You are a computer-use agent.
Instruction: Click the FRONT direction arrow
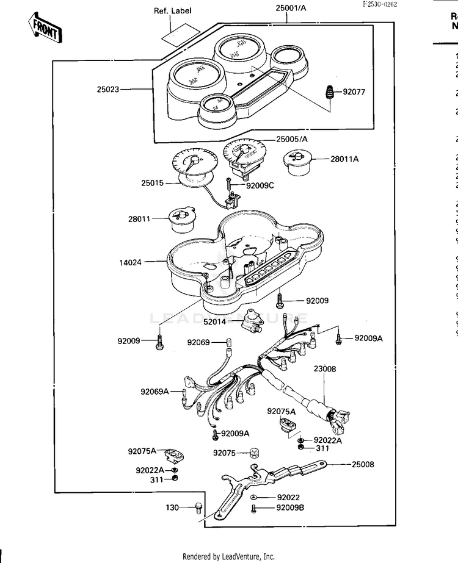(x=43, y=27)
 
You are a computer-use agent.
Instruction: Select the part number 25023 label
(x=108, y=89)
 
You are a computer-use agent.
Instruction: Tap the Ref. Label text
(x=172, y=11)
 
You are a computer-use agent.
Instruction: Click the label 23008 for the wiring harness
(x=325, y=369)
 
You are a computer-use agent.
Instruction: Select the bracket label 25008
(x=363, y=464)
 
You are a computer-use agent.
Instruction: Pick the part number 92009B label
(x=291, y=507)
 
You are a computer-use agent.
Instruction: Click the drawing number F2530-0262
(x=379, y=4)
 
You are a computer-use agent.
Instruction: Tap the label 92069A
(x=154, y=392)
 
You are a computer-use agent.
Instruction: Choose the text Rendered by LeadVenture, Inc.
(x=229, y=556)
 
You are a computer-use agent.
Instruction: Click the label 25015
(x=153, y=183)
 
